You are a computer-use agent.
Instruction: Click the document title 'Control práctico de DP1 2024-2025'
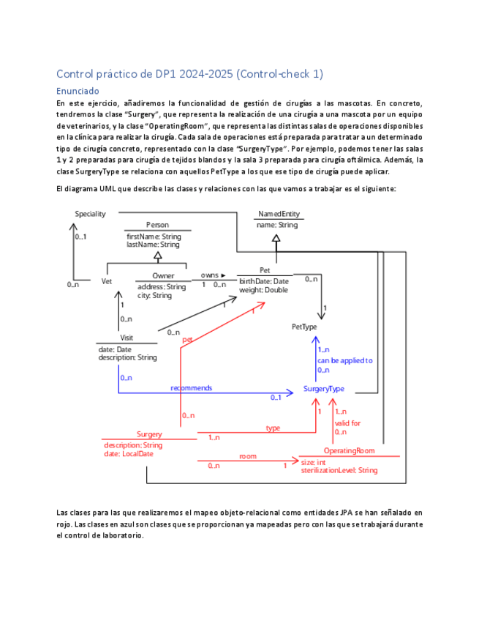click(x=189, y=74)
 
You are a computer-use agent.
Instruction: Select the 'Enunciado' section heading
click(x=78, y=91)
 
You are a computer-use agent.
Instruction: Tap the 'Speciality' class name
click(x=91, y=214)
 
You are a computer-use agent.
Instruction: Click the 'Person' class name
click(x=157, y=225)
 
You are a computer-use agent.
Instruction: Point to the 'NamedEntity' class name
click(x=279, y=214)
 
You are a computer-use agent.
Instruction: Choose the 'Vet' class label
click(x=107, y=280)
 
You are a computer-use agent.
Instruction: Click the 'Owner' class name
click(x=163, y=275)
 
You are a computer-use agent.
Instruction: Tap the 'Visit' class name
click(x=127, y=338)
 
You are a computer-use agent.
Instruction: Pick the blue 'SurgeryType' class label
click(x=324, y=389)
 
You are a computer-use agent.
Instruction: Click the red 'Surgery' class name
click(x=149, y=434)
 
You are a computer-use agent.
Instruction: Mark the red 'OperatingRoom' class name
click(x=349, y=450)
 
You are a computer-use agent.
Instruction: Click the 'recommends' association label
click(x=191, y=387)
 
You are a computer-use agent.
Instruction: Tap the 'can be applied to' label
click(x=344, y=360)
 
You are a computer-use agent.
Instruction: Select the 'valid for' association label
click(x=347, y=423)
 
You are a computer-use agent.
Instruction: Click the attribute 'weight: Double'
click(x=263, y=290)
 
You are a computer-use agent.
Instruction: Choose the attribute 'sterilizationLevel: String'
click(x=339, y=470)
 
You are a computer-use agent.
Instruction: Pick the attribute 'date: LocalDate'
click(x=129, y=453)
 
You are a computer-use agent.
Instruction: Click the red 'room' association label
click(x=248, y=456)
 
